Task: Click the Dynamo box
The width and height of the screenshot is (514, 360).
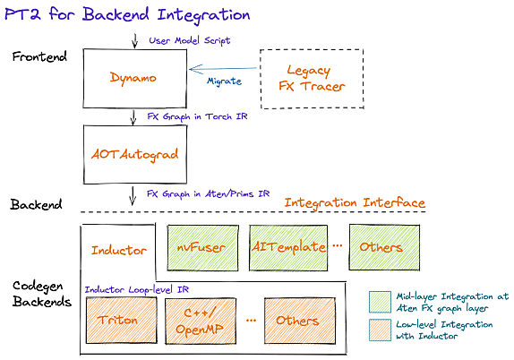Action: pyautogui.click(x=134, y=79)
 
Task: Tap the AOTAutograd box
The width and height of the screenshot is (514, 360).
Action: pyautogui.click(x=135, y=154)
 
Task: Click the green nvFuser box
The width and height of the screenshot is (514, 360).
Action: pyautogui.click(x=203, y=247)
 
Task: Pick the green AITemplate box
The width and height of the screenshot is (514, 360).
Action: pyautogui.click(x=288, y=247)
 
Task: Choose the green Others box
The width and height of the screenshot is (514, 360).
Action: pyautogui.click(x=384, y=247)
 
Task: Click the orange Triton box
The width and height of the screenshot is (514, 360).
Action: pyautogui.click(x=121, y=321)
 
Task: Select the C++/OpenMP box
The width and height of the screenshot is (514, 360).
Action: pyautogui.click(x=201, y=321)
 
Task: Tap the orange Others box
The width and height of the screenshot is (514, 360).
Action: pyautogui.click(x=300, y=321)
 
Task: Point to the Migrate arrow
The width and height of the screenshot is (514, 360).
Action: pyautogui.click(x=223, y=69)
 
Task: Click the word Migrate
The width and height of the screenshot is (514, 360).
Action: pyautogui.click(x=224, y=81)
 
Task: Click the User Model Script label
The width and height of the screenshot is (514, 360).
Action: pyautogui.click(x=190, y=40)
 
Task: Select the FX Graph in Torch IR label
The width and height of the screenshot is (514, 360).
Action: pyautogui.click(x=197, y=116)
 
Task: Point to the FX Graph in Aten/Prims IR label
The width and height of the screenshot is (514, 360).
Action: pyautogui.click(x=208, y=194)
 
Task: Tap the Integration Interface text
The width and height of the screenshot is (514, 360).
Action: pyautogui.click(x=355, y=203)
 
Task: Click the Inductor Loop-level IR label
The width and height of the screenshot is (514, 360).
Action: pyautogui.click(x=137, y=289)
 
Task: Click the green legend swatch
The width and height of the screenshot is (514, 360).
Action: pyautogui.click(x=380, y=302)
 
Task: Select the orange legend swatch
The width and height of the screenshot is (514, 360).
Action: pyautogui.click(x=380, y=330)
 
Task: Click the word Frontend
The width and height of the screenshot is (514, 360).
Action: pyautogui.click(x=39, y=56)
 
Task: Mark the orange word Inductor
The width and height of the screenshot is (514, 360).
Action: pyautogui.click(x=119, y=251)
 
